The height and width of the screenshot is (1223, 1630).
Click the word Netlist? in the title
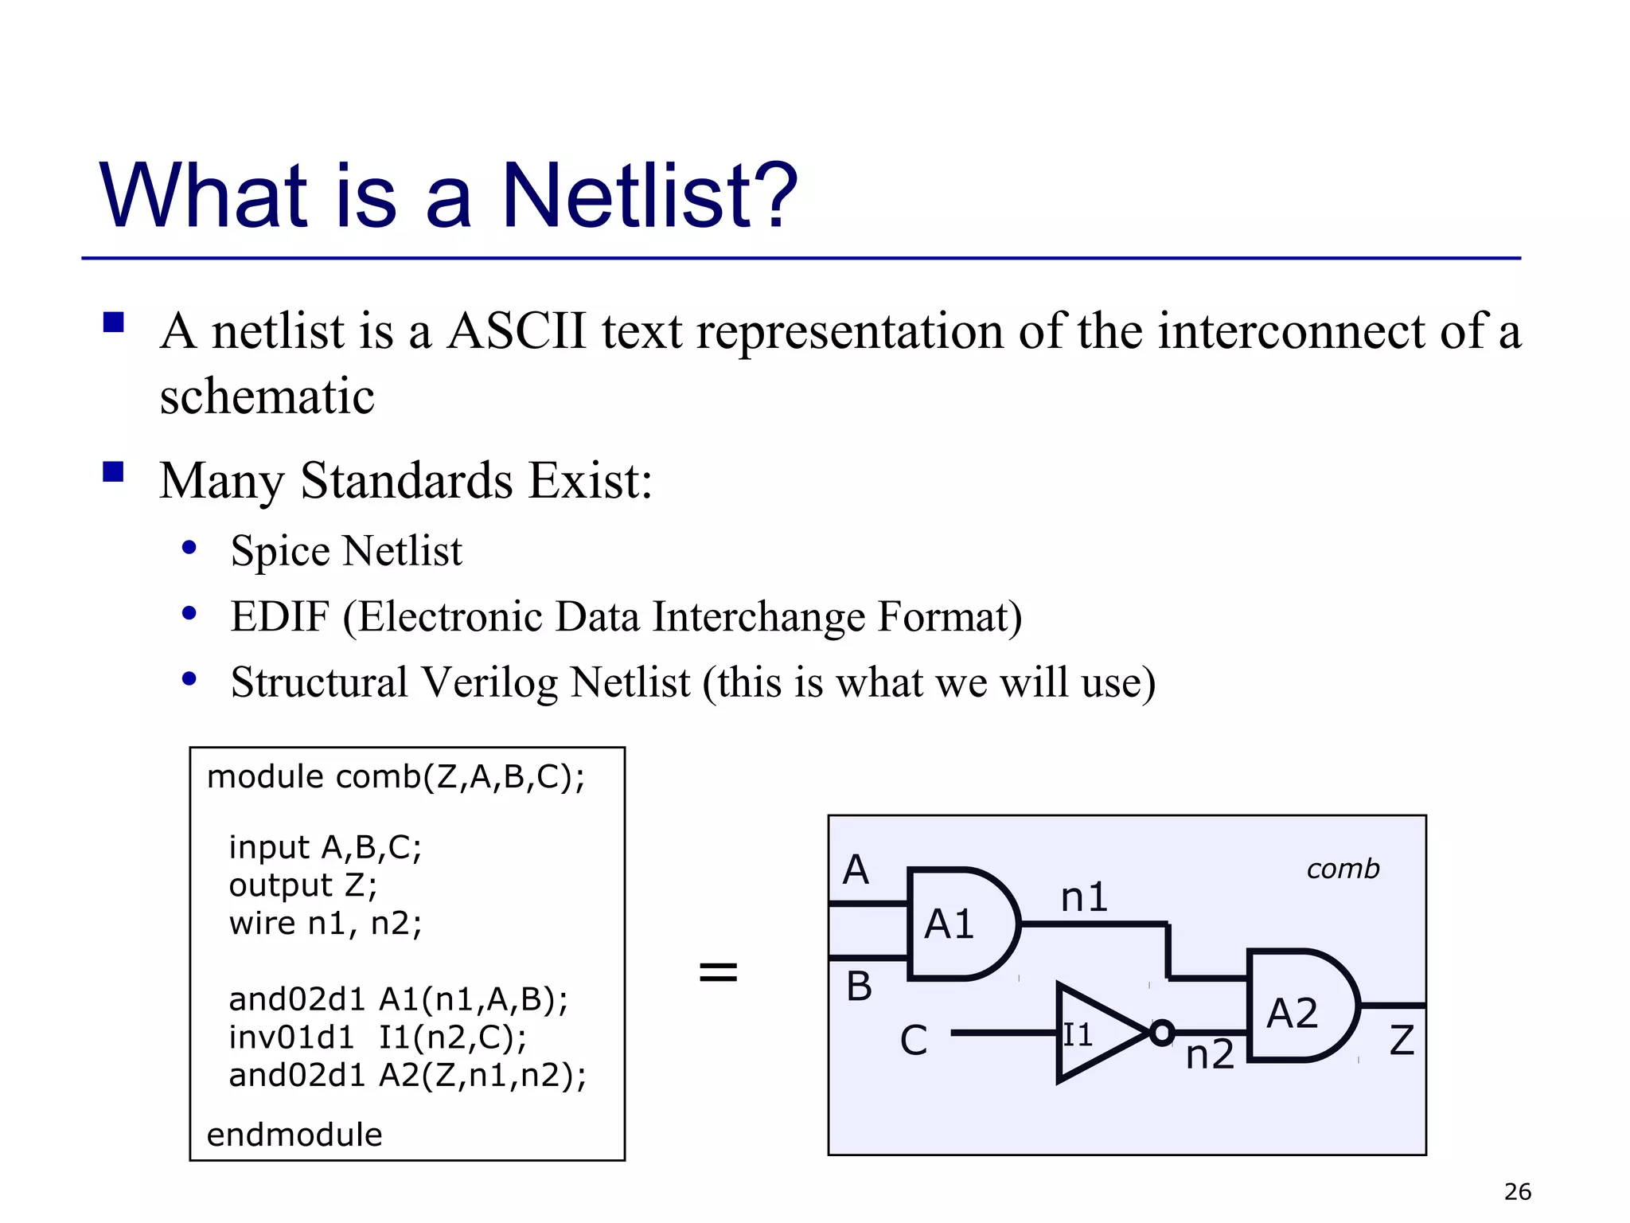point(649,195)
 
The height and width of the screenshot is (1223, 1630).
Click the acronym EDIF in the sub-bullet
point(279,616)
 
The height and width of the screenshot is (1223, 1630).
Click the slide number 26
point(1518,1192)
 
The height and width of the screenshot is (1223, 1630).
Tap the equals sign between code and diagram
point(718,971)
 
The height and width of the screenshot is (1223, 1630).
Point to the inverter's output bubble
point(1162,1033)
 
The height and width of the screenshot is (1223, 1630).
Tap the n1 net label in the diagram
point(1084,897)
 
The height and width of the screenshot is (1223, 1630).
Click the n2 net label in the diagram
point(1210,1055)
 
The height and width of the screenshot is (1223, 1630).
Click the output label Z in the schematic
point(1402,1041)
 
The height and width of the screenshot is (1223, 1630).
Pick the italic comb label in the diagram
point(1343,869)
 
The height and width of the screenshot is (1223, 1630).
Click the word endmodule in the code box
point(294,1135)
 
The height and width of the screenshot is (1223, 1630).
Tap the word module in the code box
point(265,777)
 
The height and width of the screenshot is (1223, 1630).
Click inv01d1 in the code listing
point(291,1037)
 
